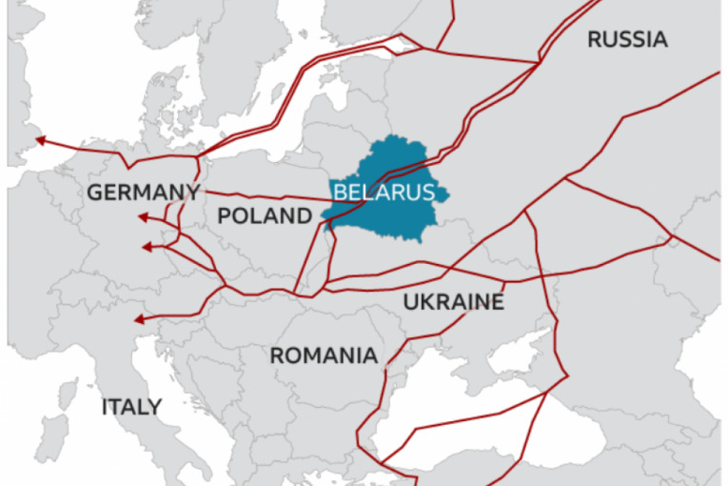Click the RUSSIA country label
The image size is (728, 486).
point(627,40)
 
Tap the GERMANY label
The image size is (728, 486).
point(144,193)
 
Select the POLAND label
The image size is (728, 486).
point(265,216)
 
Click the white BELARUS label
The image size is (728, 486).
point(384,192)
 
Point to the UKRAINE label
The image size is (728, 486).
point(453,302)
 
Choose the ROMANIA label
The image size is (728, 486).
point(324,356)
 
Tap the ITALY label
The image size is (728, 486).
point(131,407)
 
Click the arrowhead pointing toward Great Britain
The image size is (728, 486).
point(40,143)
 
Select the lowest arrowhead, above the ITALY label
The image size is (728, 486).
point(139,319)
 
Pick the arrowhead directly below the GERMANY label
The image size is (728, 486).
point(143,217)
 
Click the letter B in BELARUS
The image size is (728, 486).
point(339,192)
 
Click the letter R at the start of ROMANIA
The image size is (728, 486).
point(277,356)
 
